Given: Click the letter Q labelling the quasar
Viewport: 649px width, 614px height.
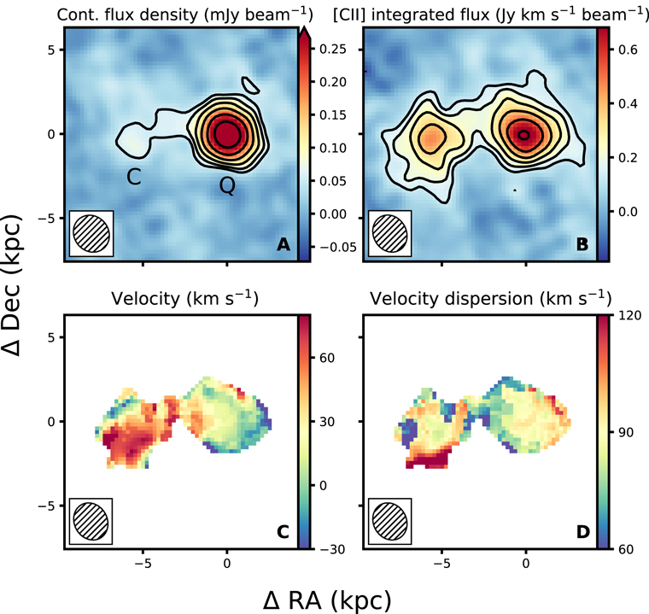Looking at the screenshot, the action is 227,185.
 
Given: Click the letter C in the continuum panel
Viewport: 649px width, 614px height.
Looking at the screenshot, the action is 134,177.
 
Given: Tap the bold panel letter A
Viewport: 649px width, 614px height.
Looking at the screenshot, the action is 284,244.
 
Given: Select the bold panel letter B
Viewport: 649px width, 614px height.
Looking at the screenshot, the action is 582,244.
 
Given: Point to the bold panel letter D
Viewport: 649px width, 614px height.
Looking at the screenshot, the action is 582,532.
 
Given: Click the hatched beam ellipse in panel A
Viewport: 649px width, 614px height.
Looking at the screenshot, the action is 91,233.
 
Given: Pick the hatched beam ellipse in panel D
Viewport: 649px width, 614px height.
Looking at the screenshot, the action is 390,521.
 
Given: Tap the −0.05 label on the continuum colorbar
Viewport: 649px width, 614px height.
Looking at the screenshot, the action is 338,247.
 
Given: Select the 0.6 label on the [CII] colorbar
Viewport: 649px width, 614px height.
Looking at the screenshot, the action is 628,50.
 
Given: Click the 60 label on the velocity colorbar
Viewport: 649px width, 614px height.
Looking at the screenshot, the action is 327,358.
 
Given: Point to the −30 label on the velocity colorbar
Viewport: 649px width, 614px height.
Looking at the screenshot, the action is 332,549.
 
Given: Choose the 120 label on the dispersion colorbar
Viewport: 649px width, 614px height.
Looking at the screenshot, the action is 630,315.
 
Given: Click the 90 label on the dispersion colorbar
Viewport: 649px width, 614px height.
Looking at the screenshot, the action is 626,432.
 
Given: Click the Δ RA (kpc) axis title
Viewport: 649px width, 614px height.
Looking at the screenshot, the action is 327,600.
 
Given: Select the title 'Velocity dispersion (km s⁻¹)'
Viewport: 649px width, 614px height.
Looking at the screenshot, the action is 490,299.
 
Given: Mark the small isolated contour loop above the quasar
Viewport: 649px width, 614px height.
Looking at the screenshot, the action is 251,85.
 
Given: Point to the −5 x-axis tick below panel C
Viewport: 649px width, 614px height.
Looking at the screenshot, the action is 143,564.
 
